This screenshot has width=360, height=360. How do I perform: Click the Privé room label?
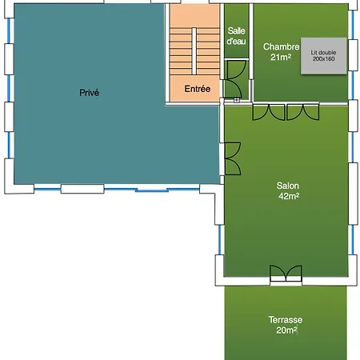point(89,93)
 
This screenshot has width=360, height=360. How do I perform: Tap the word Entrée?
point(198,89)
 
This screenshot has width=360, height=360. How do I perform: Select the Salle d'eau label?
point(236,36)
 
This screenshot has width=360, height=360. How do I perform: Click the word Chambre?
point(281,46)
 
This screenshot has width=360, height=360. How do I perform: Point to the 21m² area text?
point(281,57)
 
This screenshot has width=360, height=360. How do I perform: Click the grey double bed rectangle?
point(324,56)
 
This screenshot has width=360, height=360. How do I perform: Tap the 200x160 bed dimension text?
point(323,59)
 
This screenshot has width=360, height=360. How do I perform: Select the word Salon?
point(287,186)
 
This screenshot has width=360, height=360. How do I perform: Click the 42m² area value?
point(289,196)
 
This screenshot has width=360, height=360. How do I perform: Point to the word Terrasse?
point(286,320)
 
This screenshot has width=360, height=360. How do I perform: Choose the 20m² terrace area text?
point(286,330)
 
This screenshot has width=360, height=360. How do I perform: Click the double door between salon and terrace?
point(286,273)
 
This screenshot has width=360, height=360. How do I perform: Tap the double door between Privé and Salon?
point(233,159)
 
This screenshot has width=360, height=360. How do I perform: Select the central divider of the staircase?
point(194,51)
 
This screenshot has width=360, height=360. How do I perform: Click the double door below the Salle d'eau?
point(234,79)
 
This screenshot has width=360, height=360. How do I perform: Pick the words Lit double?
point(323,53)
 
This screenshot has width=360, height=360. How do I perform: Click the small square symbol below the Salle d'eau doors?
point(237,100)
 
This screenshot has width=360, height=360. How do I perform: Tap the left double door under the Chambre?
point(269,113)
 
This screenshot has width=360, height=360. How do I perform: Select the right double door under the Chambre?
point(303,113)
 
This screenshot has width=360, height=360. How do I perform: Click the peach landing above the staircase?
point(194,15)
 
